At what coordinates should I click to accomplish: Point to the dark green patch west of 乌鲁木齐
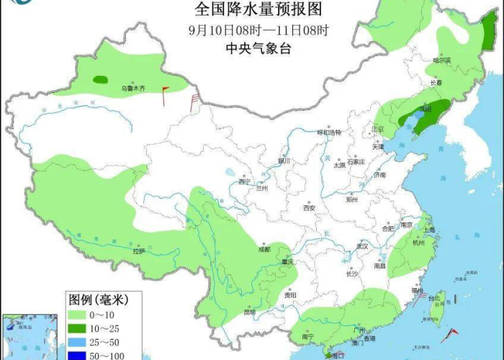pyautogui.click(x=101, y=79)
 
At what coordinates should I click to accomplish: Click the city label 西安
pyautogui.click(x=309, y=207)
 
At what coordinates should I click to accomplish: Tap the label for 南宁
pyautogui.click(x=307, y=335)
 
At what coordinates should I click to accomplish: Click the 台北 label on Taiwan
pyautogui.click(x=433, y=297)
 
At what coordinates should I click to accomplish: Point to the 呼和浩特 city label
pyautogui.click(x=328, y=132)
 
